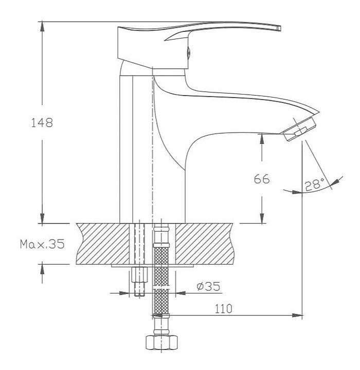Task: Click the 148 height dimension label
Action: coord(42,123)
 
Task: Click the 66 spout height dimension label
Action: coord(261,179)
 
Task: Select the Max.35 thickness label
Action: coord(42,244)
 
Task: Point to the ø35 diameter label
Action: coord(208,286)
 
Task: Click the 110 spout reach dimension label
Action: coord(223,309)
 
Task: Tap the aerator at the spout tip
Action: coord(298,129)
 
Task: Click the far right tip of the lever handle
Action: coord(280,28)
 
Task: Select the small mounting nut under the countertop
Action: coord(139,274)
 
